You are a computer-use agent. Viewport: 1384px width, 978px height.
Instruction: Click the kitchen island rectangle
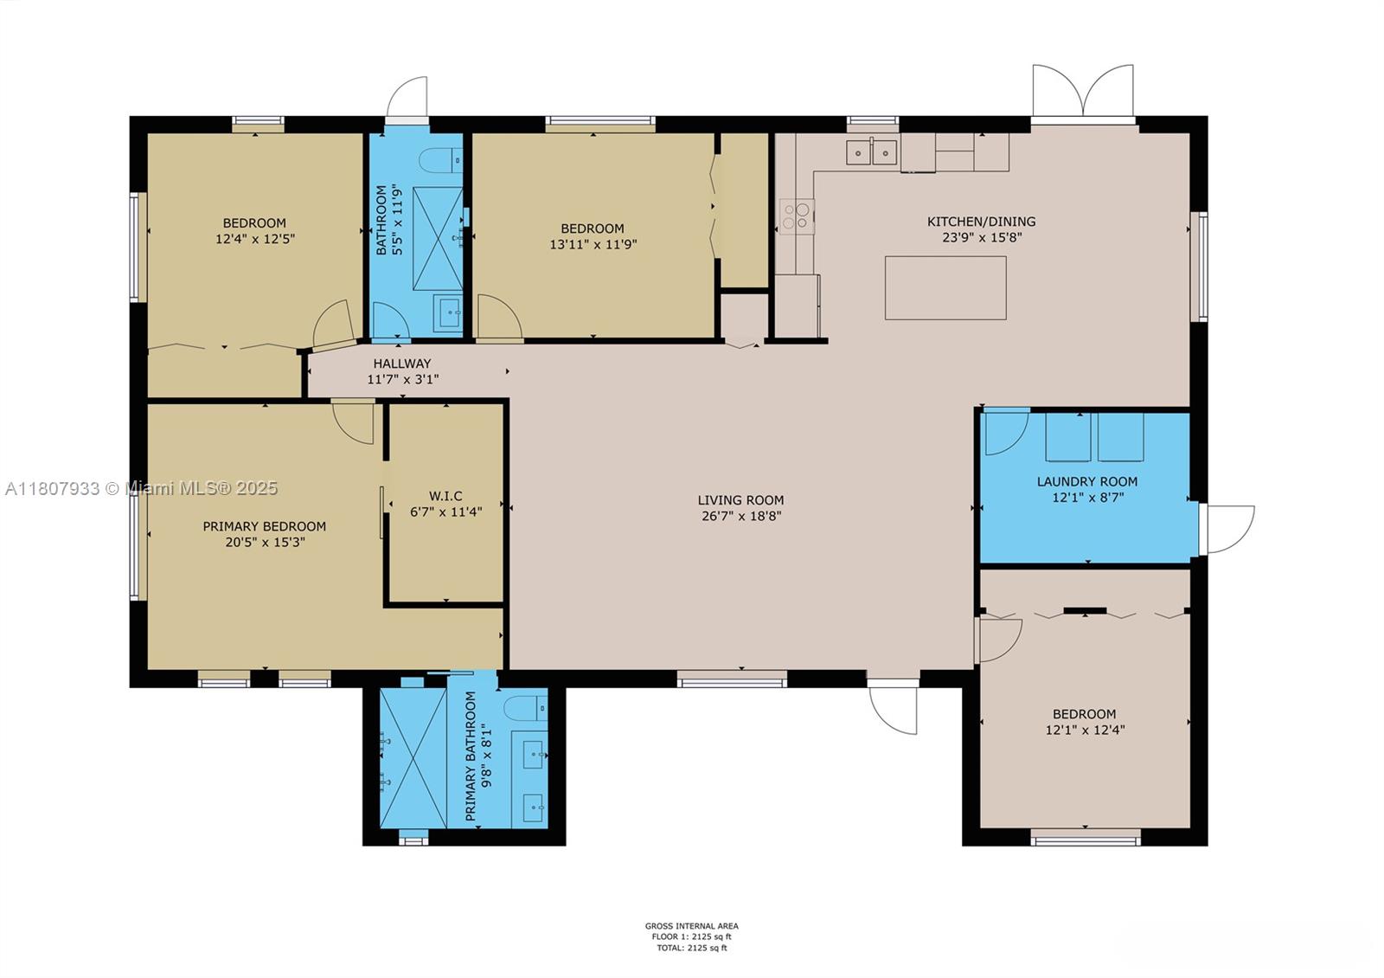click(x=945, y=287)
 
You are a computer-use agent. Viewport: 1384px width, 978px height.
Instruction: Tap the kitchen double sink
click(x=871, y=152)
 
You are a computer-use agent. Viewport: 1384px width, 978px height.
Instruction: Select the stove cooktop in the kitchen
click(x=797, y=216)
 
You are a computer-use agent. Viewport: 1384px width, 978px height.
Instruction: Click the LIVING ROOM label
click(x=740, y=500)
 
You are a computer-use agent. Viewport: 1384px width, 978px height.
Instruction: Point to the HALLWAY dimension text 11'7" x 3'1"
click(x=403, y=379)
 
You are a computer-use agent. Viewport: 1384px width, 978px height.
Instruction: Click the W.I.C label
click(x=445, y=496)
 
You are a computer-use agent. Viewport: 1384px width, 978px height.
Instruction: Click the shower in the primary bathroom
click(x=413, y=757)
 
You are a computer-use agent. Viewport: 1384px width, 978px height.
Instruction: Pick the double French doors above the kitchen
click(x=1082, y=91)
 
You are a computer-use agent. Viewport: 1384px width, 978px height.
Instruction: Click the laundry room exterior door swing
click(x=1227, y=528)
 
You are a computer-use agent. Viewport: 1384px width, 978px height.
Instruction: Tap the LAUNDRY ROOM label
click(x=1086, y=481)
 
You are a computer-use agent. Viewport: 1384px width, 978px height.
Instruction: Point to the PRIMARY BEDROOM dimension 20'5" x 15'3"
click(x=264, y=543)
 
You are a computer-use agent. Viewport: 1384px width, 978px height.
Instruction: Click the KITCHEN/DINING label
click(x=981, y=222)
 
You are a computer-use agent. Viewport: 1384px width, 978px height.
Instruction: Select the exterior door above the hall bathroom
click(x=407, y=98)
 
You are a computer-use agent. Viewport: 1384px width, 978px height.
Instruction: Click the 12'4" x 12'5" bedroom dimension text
click(x=255, y=238)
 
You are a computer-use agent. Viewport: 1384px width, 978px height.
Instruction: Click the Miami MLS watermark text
click(x=141, y=488)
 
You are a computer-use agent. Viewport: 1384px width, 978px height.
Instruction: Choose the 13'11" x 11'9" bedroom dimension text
click(x=593, y=244)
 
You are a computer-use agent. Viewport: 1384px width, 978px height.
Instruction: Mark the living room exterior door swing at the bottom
click(x=894, y=707)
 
